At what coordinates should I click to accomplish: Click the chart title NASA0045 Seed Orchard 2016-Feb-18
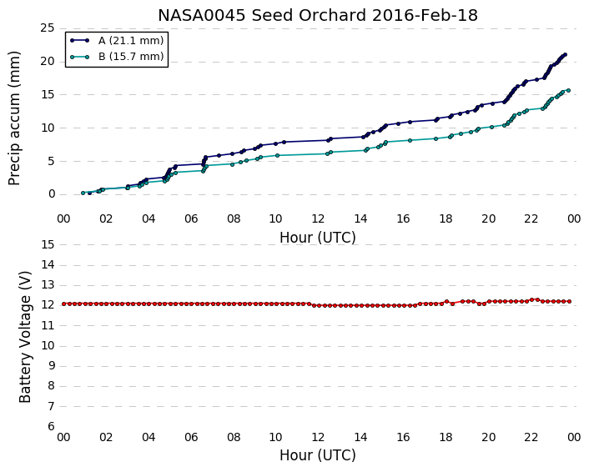(x=317, y=15)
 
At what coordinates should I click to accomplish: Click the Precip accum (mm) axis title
(x=14, y=118)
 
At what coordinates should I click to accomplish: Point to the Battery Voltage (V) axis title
(x=25, y=337)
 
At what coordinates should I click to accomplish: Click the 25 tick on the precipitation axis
(x=48, y=28)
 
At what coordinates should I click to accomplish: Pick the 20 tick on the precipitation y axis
(x=48, y=61)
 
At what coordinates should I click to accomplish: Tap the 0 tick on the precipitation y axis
(x=52, y=194)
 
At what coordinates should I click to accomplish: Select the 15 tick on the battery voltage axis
(x=48, y=245)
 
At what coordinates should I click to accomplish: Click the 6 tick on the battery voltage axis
(x=52, y=427)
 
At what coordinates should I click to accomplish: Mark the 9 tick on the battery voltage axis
(x=52, y=366)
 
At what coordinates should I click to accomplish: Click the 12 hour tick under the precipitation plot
(x=318, y=218)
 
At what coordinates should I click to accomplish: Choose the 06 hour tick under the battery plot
(x=191, y=438)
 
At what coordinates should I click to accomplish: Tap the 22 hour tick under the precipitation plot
(x=531, y=218)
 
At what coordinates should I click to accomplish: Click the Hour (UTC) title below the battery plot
(x=317, y=455)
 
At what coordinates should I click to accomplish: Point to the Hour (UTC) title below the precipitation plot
(x=317, y=238)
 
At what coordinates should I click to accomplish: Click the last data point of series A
(x=565, y=55)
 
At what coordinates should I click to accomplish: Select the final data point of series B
(x=568, y=91)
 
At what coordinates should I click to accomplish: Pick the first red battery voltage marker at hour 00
(x=64, y=304)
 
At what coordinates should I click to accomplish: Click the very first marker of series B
(x=83, y=193)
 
